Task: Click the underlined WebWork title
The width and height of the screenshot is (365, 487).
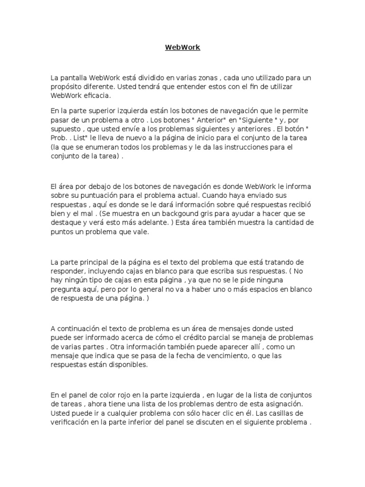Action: coord(182,48)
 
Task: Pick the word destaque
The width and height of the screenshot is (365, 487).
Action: coord(66,223)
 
